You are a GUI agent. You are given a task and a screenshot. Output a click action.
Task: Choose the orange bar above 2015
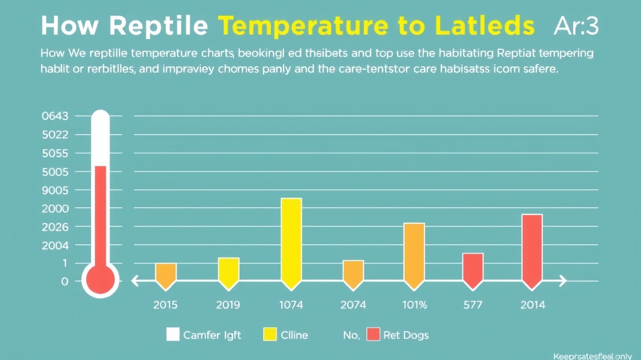click(x=166, y=274)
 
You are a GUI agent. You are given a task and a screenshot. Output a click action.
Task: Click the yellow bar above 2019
click(x=228, y=272)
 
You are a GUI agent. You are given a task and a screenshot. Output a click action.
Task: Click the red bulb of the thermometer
click(x=101, y=280)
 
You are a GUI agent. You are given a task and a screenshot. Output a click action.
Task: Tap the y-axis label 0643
click(x=54, y=116)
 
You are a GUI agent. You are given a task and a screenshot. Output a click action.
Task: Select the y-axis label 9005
click(x=54, y=190)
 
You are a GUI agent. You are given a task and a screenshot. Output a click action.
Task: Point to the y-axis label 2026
click(x=54, y=227)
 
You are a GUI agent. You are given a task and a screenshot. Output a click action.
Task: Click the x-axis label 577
click(x=472, y=305)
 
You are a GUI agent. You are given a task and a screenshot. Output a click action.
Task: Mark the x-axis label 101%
click(x=415, y=305)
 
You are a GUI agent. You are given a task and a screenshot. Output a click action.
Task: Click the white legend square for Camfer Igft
click(x=173, y=335)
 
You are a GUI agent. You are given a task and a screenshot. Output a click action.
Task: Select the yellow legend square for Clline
click(x=270, y=335)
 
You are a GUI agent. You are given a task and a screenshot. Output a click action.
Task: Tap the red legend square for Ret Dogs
click(x=373, y=335)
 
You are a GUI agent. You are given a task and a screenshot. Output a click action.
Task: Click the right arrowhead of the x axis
click(x=562, y=281)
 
